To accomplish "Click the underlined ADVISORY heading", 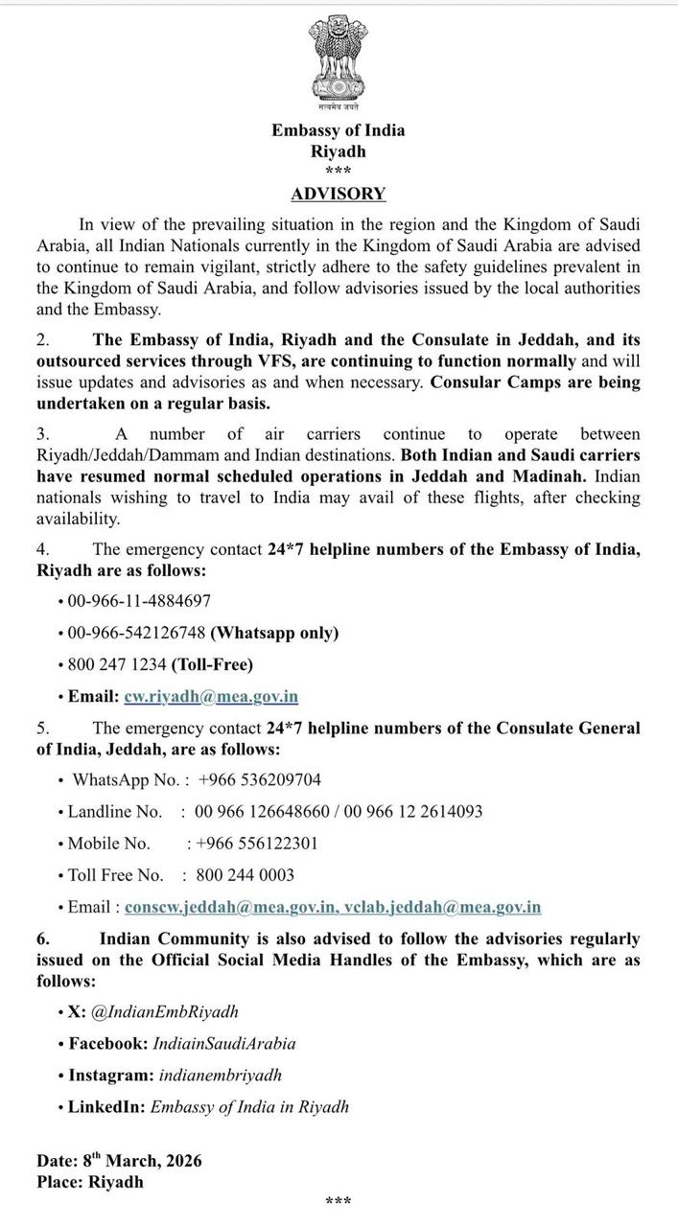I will pos(339,194).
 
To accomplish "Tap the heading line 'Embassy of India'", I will pos(339,130).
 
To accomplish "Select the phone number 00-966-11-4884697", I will pos(139,601).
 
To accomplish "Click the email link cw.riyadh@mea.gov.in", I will pos(211,697).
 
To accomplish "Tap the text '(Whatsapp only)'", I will pos(274,633).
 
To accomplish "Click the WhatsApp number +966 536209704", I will pos(259,779).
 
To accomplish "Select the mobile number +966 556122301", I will pos(256,844).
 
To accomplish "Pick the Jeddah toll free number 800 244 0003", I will pos(245,875).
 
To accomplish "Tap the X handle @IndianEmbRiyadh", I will pos(165,1011).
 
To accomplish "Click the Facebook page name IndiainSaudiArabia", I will pos(223,1043).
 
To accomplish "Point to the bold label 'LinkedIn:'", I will pos(106,1107).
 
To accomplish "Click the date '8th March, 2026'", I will pos(142,1161).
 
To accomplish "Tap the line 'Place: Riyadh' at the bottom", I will pos(90,1182).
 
